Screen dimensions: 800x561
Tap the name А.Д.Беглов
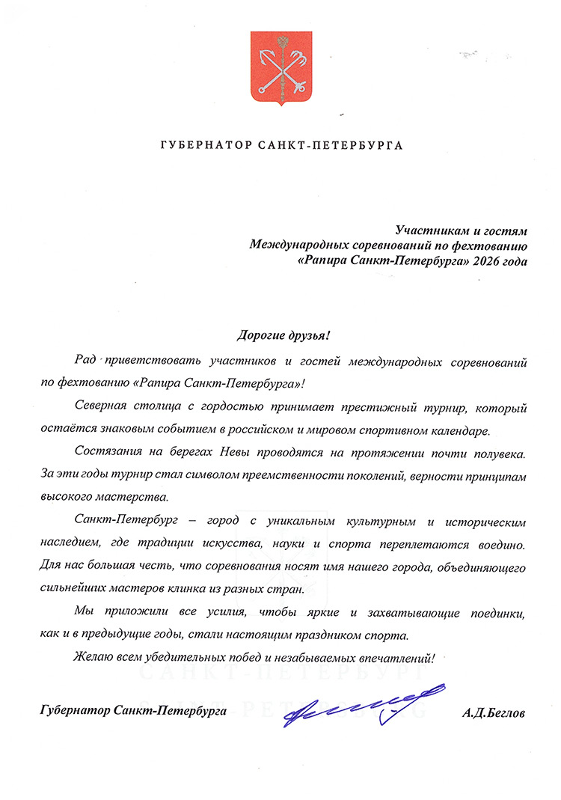click(494, 714)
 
